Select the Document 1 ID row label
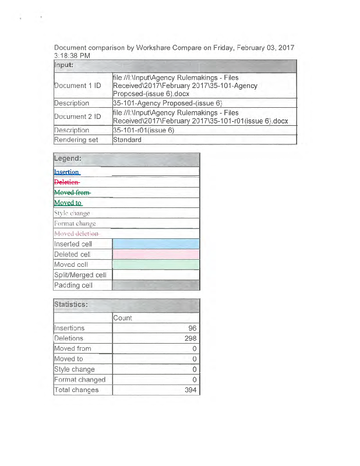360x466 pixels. tap(77, 86)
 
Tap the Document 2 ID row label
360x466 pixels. tap(77, 116)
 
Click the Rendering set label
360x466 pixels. tap(76, 140)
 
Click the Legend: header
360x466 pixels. tap(68, 158)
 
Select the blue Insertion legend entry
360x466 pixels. tap(66, 172)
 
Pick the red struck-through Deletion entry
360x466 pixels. tap(66, 182)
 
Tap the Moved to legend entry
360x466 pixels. tap(68, 203)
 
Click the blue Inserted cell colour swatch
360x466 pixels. tap(156, 244)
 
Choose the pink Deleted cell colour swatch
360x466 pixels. tap(156, 255)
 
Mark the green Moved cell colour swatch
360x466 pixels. tap(156, 264)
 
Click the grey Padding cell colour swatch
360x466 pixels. tap(156, 285)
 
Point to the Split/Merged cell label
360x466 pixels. tap(80, 275)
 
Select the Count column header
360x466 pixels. tap(123, 318)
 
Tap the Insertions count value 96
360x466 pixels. tap(192, 329)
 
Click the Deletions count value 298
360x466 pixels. tap(190, 338)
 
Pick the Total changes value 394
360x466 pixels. tap(190, 390)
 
